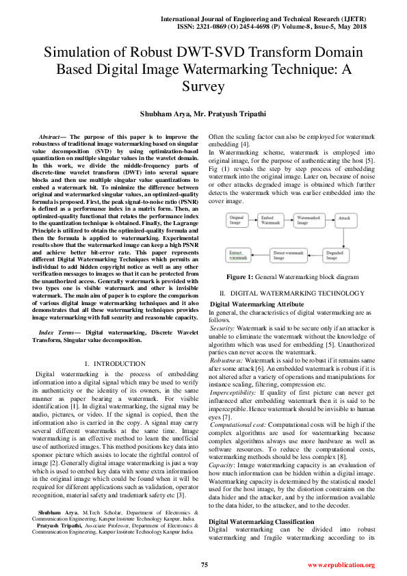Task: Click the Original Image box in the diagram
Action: (x=236, y=221)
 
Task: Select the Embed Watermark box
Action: (x=272, y=221)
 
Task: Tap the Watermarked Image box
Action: (x=311, y=221)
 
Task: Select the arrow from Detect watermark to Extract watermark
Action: (x=262, y=254)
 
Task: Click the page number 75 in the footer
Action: (x=204, y=564)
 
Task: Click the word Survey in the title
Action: (x=203, y=86)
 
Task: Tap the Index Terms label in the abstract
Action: (x=58, y=331)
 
